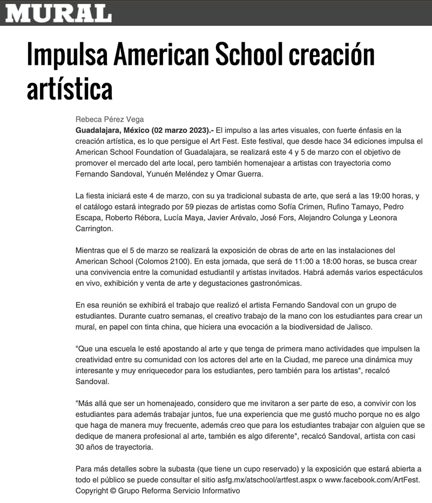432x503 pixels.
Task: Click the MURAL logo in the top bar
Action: [58, 13]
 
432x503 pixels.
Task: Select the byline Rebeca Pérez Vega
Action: [109, 120]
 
